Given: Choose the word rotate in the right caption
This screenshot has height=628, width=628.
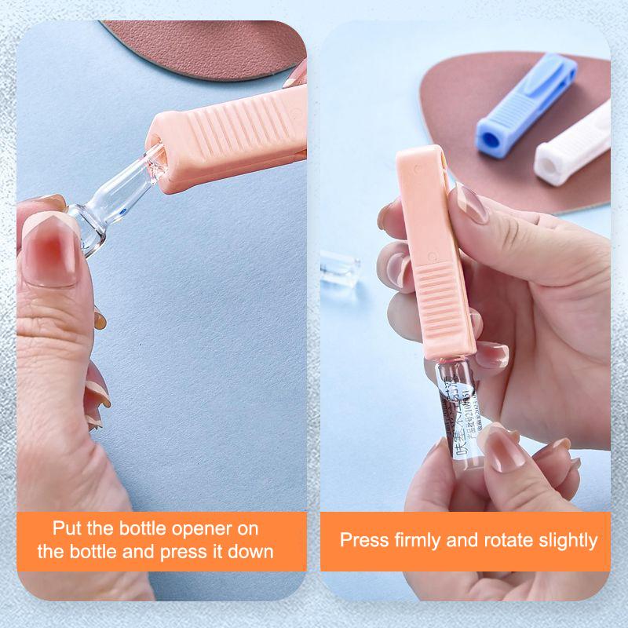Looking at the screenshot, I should (x=512, y=540).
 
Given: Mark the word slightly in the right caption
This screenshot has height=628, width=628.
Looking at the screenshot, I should (x=570, y=540).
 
